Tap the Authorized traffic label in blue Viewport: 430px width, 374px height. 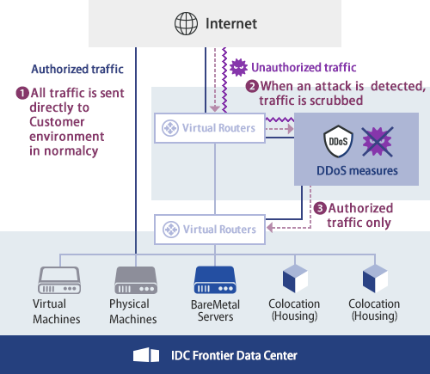coord(78,69)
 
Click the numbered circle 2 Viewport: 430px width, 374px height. coord(252,86)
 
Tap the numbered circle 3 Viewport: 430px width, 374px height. coord(320,208)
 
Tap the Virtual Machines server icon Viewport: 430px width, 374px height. coord(57,279)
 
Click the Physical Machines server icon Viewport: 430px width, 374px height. coord(135,279)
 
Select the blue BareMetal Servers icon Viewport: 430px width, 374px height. coord(214,279)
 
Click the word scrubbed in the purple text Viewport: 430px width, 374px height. coord(331,101)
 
